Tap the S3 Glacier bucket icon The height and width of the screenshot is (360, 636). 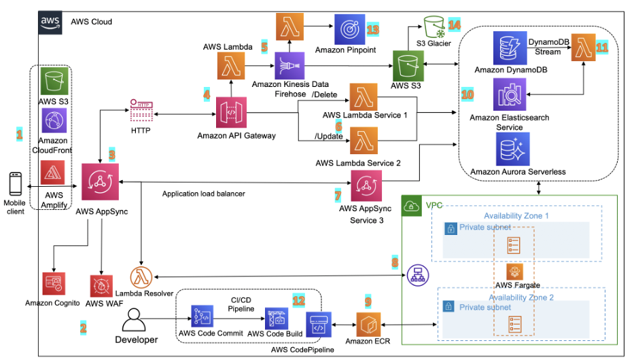(431, 26)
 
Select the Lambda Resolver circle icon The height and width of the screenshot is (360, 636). (140, 277)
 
